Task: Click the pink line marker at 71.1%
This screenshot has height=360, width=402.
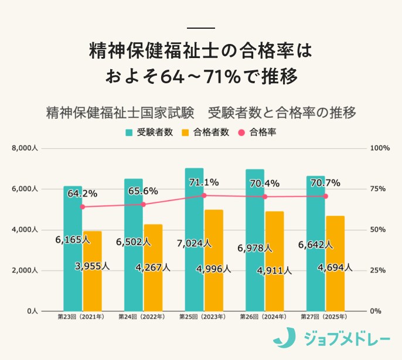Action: point(204,195)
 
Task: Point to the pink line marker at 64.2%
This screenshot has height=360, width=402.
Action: point(83,206)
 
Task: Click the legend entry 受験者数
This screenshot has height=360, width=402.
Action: point(150,132)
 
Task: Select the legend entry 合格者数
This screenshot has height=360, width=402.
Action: point(206,132)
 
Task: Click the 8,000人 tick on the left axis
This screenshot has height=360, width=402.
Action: point(25,148)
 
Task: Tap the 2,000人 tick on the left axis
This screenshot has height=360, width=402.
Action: point(25,270)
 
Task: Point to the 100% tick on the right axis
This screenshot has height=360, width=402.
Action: point(380,148)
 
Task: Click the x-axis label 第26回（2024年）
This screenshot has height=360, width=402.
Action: point(264,317)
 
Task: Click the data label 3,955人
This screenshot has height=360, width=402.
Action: point(92,266)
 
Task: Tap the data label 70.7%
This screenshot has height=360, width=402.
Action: point(325,183)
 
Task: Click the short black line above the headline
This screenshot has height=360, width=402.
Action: point(200,28)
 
